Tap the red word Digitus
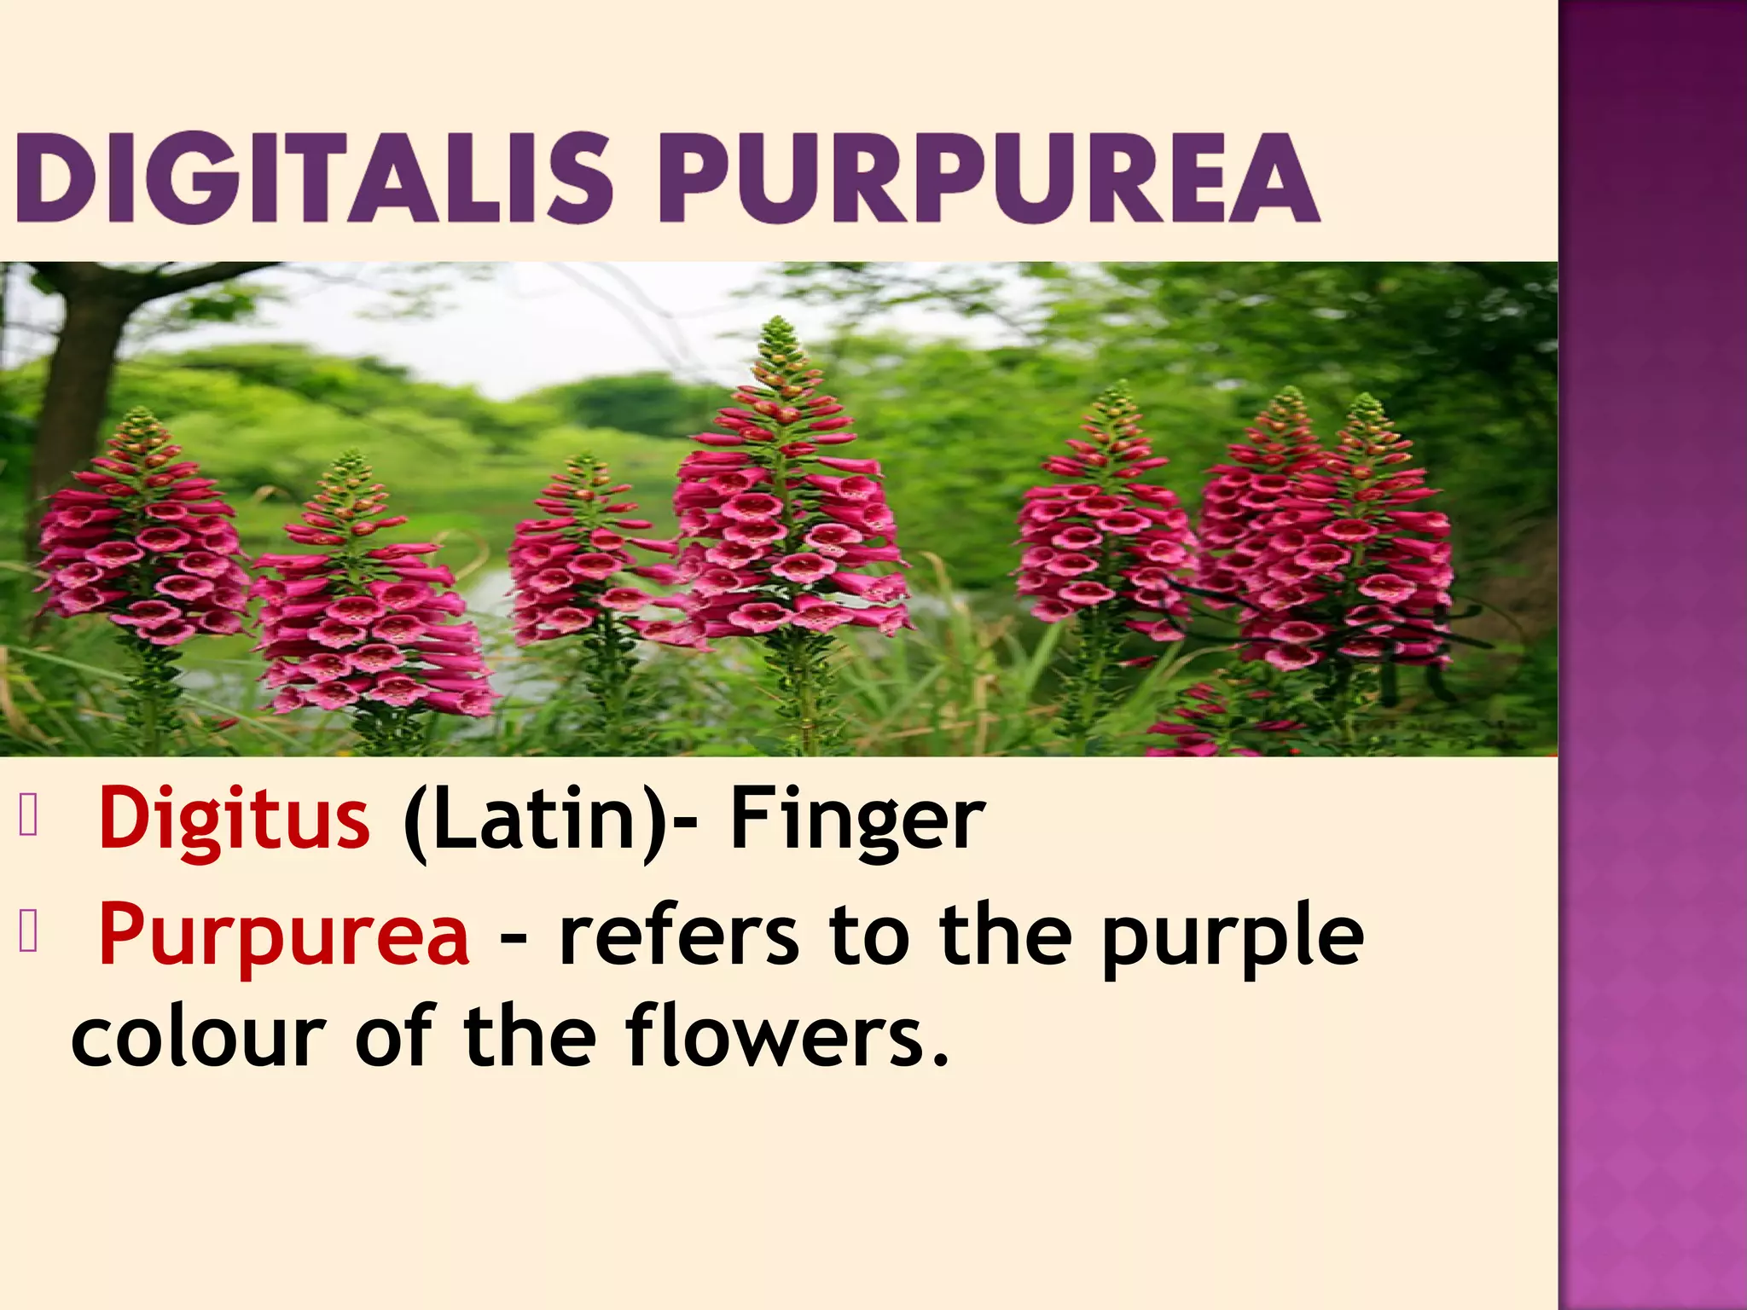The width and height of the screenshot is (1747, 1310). tap(234, 819)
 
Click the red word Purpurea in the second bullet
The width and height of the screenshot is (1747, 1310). tap(283, 936)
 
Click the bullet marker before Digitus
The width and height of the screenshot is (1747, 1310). tap(28, 816)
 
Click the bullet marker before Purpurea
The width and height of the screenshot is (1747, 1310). tap(28, 933)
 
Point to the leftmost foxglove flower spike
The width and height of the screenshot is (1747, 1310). tap(141, 529)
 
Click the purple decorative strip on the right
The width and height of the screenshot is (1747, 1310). tap(1652, 655)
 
